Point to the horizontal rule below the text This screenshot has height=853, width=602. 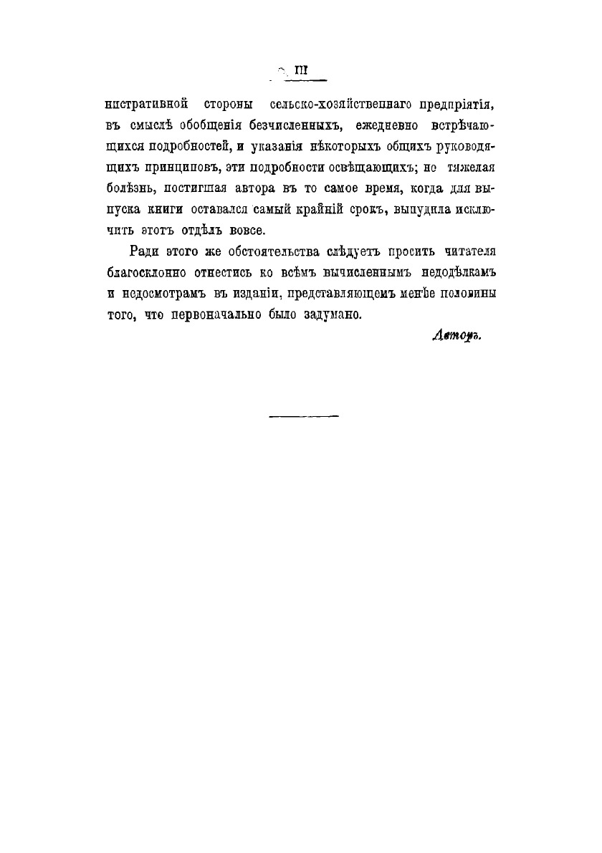click(304, 415)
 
